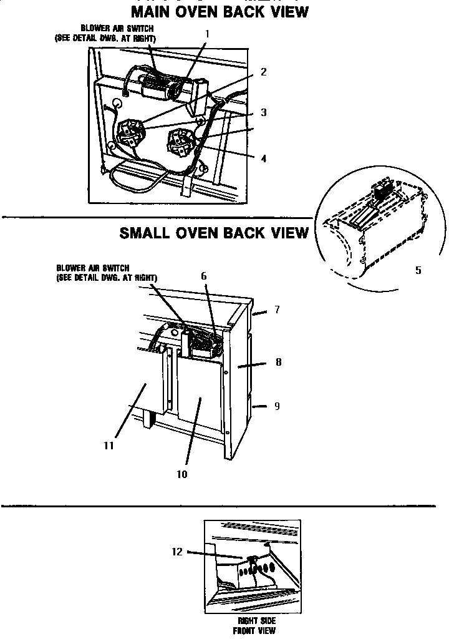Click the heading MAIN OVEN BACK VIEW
tap(220, 11)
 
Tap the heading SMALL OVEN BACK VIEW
tap(214, 233)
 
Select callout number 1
tap(207, 33)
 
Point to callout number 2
tap(263, 72)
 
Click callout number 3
tap(263, 112)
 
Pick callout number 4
tap(263, 159)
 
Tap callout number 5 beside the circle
tap(418, 270)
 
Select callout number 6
tap(204, 275)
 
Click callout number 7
tap(277, 310)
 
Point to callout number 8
tap(278, 361)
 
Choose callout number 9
tap(277, 406)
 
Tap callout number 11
tap(110, 446)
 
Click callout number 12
tap(177, 552)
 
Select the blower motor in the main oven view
tap(163, 87)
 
